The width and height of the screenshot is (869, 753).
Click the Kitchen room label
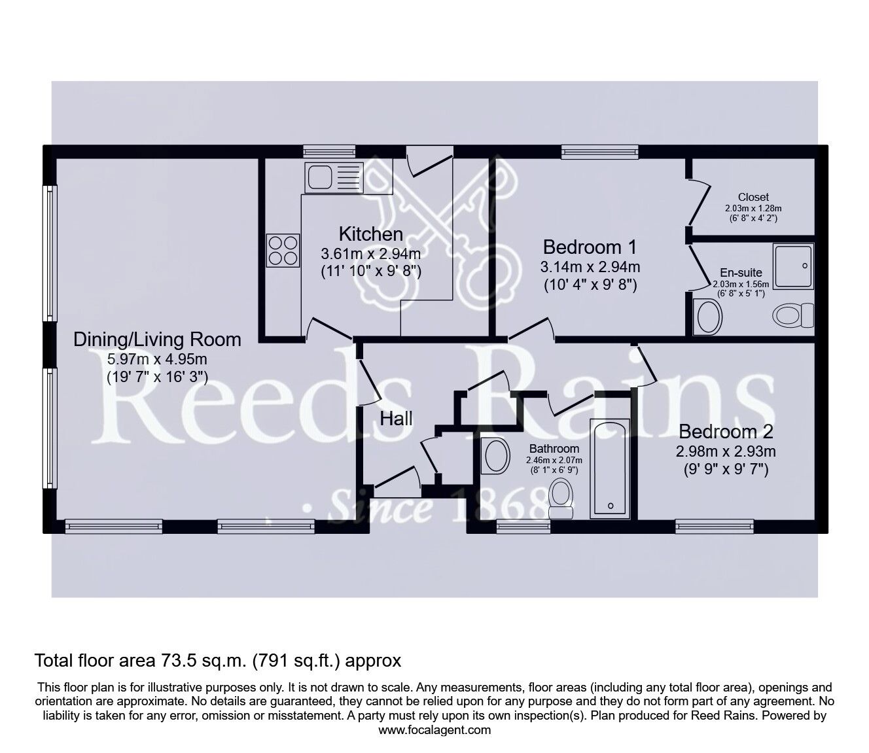tap(370, 234)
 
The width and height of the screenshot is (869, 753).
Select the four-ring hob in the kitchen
tap(283, 250)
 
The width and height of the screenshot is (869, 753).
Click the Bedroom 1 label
tap(590, 247)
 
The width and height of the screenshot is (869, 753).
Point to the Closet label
tap(753, 197)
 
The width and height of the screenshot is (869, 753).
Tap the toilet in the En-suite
tap(794, 316)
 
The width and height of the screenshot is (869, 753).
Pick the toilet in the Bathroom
tap(561, 495)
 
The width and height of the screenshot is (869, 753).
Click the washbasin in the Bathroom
tap(495, 455)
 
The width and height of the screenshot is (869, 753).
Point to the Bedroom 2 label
tap(726, 432)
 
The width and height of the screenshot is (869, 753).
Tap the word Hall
tap(397, 418)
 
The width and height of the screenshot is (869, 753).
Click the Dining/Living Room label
tap(157, 340)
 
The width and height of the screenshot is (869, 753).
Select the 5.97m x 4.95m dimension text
tap(157, 359)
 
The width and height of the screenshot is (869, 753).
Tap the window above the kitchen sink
tap(329, 151)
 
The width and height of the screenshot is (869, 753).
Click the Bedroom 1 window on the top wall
tap(599, 152)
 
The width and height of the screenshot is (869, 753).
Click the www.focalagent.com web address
tap(434, 730)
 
